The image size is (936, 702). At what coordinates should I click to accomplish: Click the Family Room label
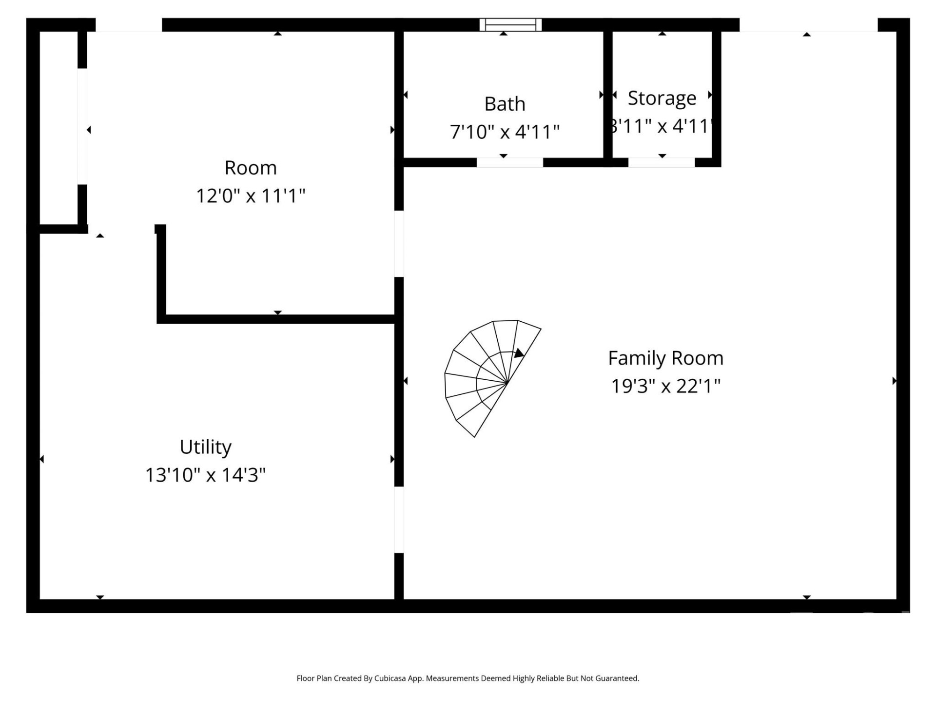[x=665, y=358]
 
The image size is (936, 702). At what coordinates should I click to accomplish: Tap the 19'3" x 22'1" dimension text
[x=665, y=386]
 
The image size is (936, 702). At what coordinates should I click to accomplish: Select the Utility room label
[x=205, y=447]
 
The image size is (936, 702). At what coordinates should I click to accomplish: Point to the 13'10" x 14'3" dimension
[x=205, y=475]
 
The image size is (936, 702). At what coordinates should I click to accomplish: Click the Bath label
[x=505, y=104]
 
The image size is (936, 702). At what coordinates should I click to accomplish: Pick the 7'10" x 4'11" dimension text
[x=505, y=132]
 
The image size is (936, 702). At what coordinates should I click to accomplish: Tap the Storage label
[x=662, y=98]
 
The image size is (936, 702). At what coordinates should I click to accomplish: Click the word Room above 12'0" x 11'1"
[x=251, y=168]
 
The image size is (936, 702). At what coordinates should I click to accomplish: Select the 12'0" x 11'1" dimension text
[x=251, y=196]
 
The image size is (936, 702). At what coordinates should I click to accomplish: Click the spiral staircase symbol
[x=487, y=378]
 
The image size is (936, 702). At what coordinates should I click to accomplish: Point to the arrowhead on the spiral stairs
[x=519, y=353]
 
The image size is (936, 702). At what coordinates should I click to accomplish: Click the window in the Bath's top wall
[x=510, y=24]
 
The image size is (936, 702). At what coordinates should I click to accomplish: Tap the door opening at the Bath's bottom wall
[x=509, y=162]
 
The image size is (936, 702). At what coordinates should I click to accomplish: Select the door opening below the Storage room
[x=661, y=162]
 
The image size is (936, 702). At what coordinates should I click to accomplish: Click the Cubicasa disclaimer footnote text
[x=468, y=678]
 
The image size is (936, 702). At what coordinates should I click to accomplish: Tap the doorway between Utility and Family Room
[x=399, y=520]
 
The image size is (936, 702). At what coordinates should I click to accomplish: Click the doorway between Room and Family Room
[x=399, y=244]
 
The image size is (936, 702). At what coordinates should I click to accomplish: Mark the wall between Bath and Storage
[x=608, y=95]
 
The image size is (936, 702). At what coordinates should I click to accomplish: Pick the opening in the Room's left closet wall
[x=82, y=126]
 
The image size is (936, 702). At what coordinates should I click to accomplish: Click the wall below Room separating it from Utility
[x=278, y=319]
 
